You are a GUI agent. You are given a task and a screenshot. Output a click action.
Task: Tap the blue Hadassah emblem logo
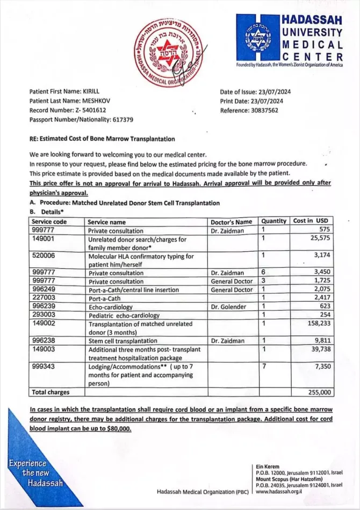[x=258, y=38]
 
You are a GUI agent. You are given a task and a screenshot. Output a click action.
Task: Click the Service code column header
[x=49, y=221]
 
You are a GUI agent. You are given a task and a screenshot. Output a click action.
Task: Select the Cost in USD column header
[x=310, y=221]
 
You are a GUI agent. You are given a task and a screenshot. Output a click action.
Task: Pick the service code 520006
[x=44, y=256]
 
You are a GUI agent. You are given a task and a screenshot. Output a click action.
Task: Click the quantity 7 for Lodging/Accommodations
[x=264, y=366]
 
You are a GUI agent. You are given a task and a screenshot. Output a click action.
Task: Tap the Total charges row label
[x=51, y=392]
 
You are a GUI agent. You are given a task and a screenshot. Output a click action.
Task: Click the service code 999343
[x=44, y=366]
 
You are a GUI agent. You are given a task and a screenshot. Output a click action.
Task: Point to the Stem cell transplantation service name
[x=123, y=340]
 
